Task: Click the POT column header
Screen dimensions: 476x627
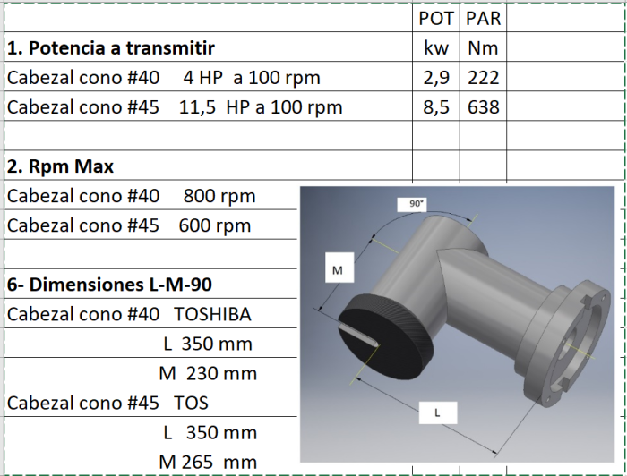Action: click(436, 18)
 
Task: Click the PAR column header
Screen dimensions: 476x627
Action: click(484, 18)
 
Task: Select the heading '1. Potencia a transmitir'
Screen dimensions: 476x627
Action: click(111, 47)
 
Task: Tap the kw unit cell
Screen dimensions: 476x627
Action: click(436, 47)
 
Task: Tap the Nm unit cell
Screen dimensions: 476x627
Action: click(484, 47)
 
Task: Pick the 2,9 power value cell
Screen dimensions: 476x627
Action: click(436, 78)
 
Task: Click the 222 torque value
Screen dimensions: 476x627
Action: click(484, 78)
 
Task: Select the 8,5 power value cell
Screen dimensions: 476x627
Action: click(436, 107)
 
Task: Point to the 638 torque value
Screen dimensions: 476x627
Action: click(484, 107)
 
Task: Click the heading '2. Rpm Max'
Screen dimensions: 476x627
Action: click(60, 166)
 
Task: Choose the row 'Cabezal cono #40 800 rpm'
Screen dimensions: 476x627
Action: click(132, 196)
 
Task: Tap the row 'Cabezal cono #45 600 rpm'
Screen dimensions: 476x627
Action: click(129, 225)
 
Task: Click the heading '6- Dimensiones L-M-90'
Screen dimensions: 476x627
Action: click(109, 285)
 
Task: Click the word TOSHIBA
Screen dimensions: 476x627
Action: click(212, 314)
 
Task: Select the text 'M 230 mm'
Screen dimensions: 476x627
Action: click(208, 373)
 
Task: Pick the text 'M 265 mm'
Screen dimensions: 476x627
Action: click(208, 463)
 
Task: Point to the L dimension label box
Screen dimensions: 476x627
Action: click(437, 412)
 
